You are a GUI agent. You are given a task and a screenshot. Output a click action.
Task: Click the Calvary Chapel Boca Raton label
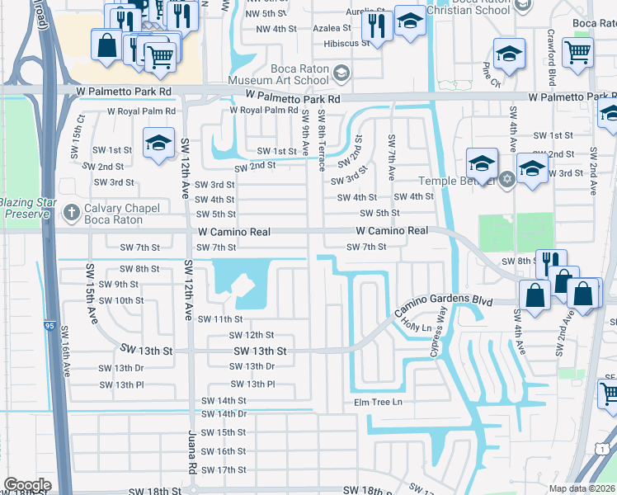click(115, 214)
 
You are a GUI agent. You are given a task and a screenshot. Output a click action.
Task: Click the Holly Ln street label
click(417, 327)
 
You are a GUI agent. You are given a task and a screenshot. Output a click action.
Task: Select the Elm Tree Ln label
click(378, 402)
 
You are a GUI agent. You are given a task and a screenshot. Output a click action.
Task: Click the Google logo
click(27, 485)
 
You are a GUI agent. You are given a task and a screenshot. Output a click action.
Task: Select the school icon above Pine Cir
click(509, 54)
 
